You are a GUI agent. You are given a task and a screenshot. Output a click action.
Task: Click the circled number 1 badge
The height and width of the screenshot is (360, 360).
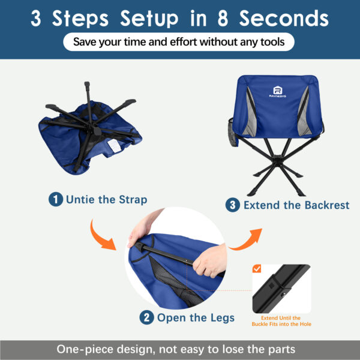tap(56, 199)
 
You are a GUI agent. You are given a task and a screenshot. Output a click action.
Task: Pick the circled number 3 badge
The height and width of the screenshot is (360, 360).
tap(233, 205)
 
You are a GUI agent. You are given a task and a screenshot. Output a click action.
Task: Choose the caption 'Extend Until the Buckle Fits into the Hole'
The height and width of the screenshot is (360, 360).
tap(281, 320)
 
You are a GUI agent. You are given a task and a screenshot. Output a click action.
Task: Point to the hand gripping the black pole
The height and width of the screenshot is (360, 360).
tap(206, 257)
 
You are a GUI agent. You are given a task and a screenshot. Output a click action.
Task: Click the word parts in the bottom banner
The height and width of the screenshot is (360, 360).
tap(281, 349)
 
